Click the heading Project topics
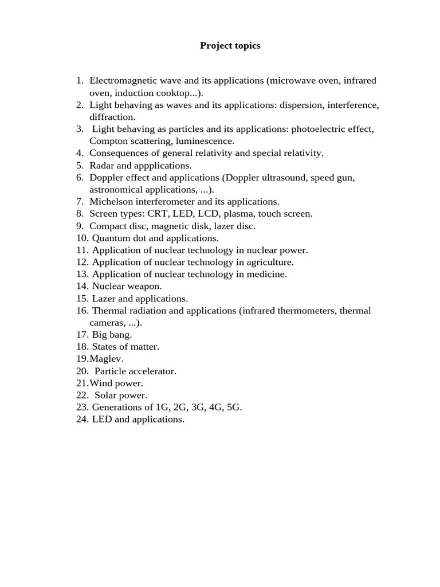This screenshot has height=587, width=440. [230, 46]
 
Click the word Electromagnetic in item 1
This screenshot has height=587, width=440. [120, 81]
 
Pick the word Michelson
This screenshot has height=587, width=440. [111, 202]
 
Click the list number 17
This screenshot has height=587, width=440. [82, 335]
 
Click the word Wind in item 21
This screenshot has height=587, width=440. [100, 383]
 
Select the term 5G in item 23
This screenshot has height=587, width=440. [234, 407]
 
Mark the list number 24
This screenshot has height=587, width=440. [82, 419]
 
